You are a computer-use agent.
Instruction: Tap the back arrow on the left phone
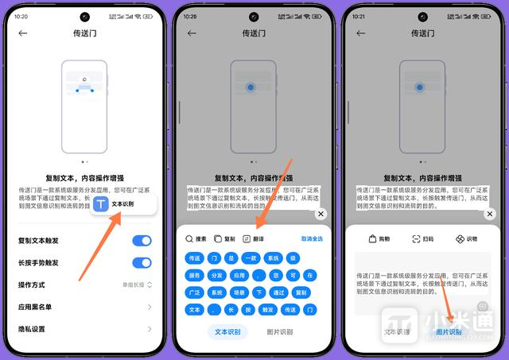(23, 33)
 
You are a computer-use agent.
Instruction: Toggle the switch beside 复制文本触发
(142, 240)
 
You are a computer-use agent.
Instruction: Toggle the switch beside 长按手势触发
(142, 262)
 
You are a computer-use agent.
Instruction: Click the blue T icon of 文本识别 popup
(101, 205)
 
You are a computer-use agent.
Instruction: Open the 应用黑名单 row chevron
(149, 307)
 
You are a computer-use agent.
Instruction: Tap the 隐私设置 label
(31, 329)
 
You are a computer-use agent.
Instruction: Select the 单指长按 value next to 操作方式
(136, 285)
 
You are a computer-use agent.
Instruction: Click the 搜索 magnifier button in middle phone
(196, 238)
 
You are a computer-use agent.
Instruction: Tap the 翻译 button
(254, 238)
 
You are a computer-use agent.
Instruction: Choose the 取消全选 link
(312, 238)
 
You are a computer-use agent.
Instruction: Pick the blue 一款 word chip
(251, 258)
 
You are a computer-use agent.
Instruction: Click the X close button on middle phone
(321, 214)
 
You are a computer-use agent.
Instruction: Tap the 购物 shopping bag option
(379, 239)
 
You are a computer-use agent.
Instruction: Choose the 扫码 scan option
(422, 239)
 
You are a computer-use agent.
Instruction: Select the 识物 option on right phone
(465, 239)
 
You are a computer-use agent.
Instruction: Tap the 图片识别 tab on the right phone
(449, 331)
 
